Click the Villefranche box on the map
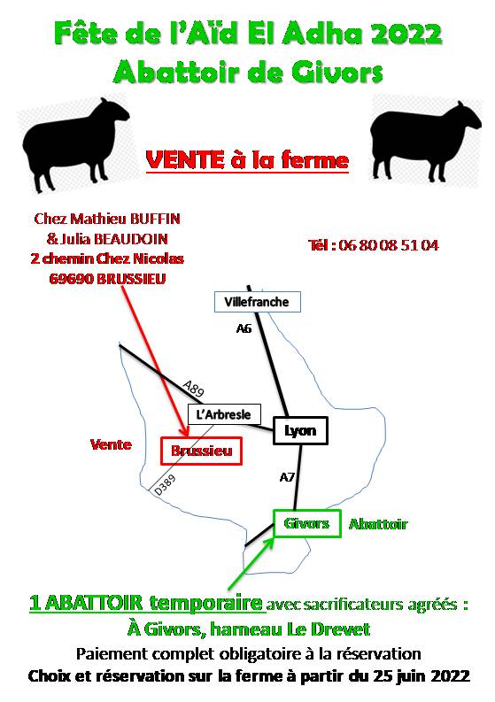pyautogui.click(x=257, y=302)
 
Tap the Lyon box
pyautogui.click(x=300, y=431)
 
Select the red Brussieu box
pyautogui.click(x=202, y=451)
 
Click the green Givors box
pyautogui.click(x=307, y=523)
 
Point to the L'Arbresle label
pyautogui.click(x=223, y=414)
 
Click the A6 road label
pyautogui.click(x=244, y=329)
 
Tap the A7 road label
pyautogui.click(x=287, y=477)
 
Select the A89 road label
pyautogui.click(x=194, y=389)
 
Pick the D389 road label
pyautogui.click(x=165, y=485)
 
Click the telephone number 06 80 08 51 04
pyautogui.click(x=389, y=245)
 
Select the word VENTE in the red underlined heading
pyautogui.click(x=185, y=160)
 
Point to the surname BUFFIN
pyautogui.click(x=155, y=219)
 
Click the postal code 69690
pyautogui.click(x=71, y=279)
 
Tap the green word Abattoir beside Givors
pyautogui.click(x=378, y=524)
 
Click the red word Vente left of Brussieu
pyautogui.click(x=111, y=444)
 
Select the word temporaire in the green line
pyautogui.click(x=205, y=603)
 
